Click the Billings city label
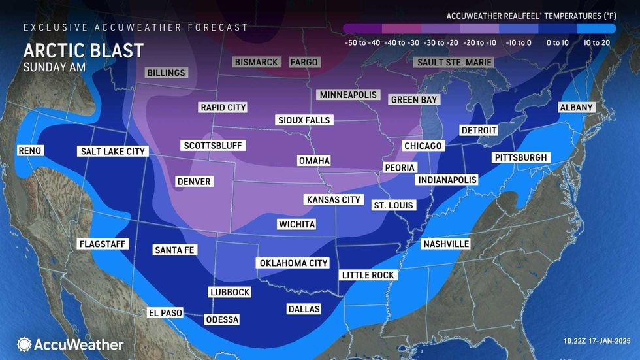point(166,73)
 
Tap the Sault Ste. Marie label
point(453,63)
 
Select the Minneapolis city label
point(349,95)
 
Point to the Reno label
point(30,151)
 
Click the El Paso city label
point(165,313)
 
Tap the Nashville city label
point(446,244)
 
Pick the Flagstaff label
point(103,244)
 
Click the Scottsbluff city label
point(209,146)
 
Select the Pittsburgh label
point(520,158)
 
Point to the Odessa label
point(222,319)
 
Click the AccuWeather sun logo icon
point(24,344)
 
